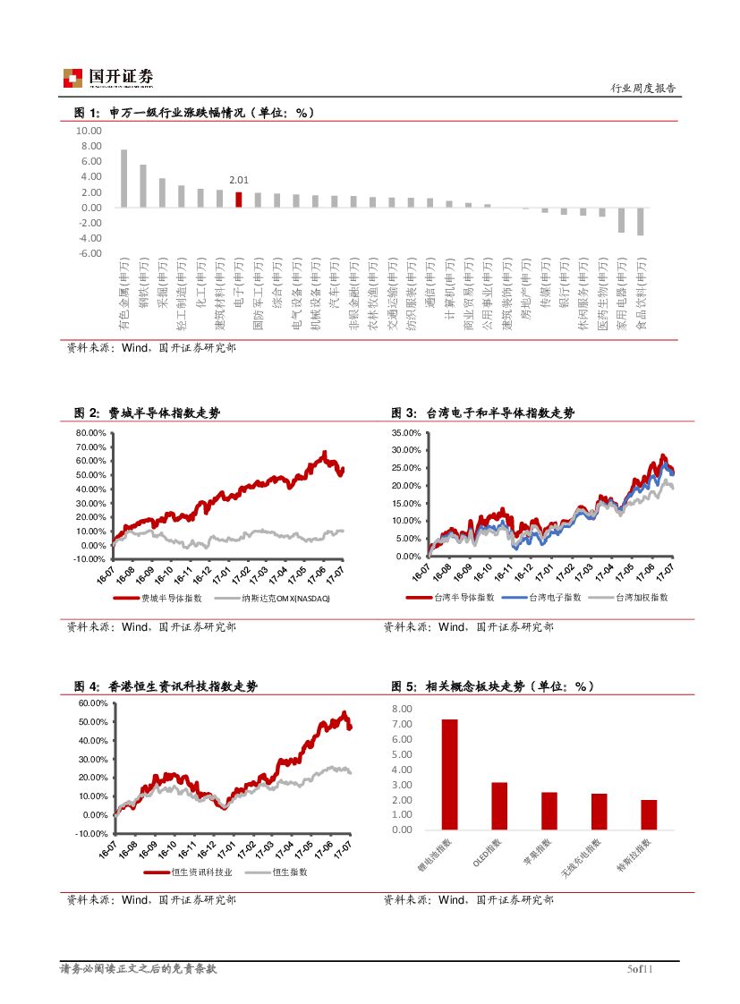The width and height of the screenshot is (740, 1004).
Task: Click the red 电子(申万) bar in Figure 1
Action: pyautogui.click(x=239, y=200)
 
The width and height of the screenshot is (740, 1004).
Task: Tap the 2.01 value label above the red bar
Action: pyautogui.click(x=239, y=180)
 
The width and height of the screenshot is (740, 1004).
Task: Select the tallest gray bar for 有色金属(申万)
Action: pyautogui.click(x=124, y=178)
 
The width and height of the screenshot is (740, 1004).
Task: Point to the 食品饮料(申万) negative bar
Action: pyautogui.click(x=641, y=221)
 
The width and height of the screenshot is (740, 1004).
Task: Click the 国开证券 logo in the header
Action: pyautogui.click(x=108, y=78)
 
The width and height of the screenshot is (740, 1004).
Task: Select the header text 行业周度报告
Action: pyautogui.click(x=643, y=89)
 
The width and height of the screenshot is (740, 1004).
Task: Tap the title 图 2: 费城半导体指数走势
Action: pyautogui.click(x=147, y=413)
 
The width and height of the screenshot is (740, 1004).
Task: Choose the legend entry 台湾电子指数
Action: pyautogui.click(x=554, y=597)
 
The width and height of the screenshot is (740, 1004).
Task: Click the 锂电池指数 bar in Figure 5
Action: pyautogui.click(x=449, y=774)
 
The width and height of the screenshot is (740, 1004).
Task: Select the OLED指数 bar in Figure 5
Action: pyautogui.click(x=499, y=805)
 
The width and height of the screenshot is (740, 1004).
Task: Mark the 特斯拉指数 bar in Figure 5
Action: pyautogui.click(x=649, y=814)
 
